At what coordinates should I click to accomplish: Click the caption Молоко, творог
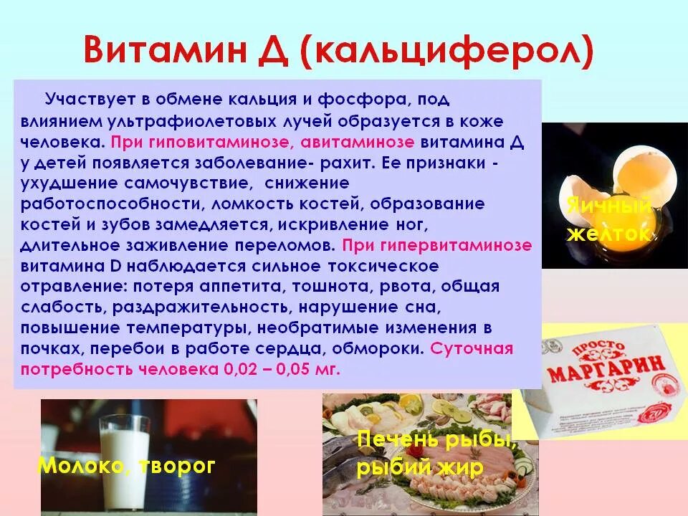126,467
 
